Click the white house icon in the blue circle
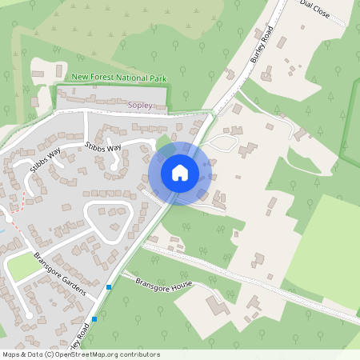(180, 172)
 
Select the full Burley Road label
(261, 47)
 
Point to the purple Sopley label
(139, 105)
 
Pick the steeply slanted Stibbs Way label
(45, 161)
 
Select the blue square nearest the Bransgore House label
(109, 286)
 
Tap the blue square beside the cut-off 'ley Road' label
(94, 318)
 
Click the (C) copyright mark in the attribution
(50, 354)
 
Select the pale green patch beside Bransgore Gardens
(22, 267)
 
